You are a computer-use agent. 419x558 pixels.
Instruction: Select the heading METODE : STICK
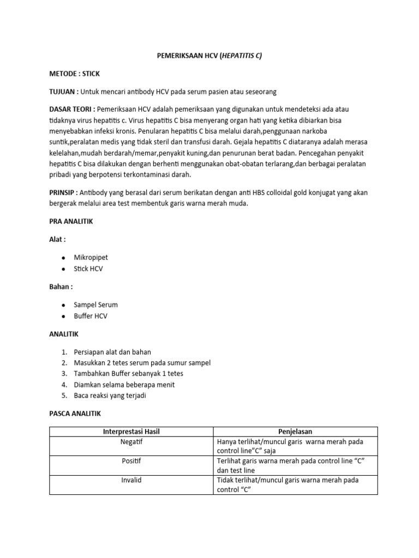click(x=74, y=73)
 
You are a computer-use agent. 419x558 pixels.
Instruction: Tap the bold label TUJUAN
click(x=63, y=91)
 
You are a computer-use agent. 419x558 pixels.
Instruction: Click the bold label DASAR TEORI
click(x=71, y=109)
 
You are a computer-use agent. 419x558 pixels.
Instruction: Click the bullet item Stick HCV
click(x=88, y=269)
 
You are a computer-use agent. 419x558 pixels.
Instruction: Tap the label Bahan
click(x=61, y=287)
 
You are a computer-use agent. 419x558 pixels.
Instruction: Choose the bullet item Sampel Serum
click(x=96, y=305)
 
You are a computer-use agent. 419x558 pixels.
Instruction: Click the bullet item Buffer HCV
click(x=91, y=317)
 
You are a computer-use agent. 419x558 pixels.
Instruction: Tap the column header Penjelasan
click(x=295, y=432)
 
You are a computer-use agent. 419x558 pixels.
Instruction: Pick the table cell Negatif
click(x=131, y=442)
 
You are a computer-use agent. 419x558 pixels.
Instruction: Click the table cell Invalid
click(x=131, y=480)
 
